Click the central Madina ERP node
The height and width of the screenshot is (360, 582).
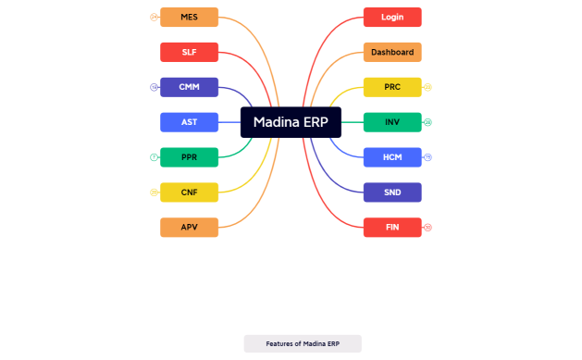pos(291,122)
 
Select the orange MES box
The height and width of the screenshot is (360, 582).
pos(189,17)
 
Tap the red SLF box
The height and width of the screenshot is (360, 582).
pos(189,52)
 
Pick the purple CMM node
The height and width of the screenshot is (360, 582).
pos(189,87)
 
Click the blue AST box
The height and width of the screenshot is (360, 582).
pos(189,122)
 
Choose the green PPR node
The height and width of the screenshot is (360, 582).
pos(189,157)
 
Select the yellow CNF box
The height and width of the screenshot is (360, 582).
pos(189,192)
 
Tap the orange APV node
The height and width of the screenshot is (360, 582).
pos(189,228)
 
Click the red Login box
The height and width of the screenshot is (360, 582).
pos(392,17)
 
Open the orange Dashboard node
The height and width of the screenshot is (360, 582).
pos(392,52)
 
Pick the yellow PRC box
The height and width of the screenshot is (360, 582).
pos(392,87)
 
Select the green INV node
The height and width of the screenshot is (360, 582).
pos(392,122)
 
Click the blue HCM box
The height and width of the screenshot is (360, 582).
pos(392,157)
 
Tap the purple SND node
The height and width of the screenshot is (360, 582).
pos(392,192)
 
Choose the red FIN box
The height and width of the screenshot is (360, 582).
pos(392,228)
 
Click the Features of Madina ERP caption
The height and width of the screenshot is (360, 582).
pos(303,343)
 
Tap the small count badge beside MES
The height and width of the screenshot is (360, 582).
pos(154,17)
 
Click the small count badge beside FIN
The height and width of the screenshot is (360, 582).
pos(427,228)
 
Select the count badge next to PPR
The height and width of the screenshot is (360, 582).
pos(154,157)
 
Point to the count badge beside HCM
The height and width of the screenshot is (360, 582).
pos(427,157)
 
